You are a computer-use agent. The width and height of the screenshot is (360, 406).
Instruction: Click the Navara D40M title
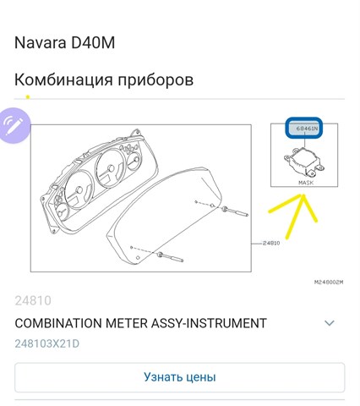click(64, 43)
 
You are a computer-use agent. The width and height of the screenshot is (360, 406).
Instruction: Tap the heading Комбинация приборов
click(104, 80)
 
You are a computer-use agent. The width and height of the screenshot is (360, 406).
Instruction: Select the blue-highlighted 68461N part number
click(303, 129)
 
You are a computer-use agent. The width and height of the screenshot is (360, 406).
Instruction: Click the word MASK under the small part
click(306, 183)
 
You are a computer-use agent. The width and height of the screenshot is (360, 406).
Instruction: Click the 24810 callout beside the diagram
click(271, 243)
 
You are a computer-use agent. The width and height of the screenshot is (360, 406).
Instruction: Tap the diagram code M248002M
click(329, 282)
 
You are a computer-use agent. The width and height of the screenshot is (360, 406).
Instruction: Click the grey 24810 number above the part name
click(33, 301)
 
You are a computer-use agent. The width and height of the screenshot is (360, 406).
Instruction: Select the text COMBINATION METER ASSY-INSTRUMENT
click(140, 323)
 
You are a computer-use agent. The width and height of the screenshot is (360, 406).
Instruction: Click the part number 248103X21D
click(47, 344)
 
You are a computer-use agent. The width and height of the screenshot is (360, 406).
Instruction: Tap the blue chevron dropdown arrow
click(330, 323)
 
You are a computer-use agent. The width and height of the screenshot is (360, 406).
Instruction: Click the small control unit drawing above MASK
click(303, 161)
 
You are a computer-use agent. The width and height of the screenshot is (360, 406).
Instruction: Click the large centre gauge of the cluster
click(110, 168)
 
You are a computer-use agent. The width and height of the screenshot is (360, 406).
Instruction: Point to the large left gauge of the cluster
click(79, 189)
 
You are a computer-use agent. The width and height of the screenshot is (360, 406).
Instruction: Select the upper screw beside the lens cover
click(235, 211)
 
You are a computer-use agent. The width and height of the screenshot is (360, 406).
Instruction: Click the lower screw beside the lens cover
click(171, 257)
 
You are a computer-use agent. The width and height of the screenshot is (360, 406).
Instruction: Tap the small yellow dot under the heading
click(28, 97)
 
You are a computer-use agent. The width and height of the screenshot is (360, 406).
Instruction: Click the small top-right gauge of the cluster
click(134, 162)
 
